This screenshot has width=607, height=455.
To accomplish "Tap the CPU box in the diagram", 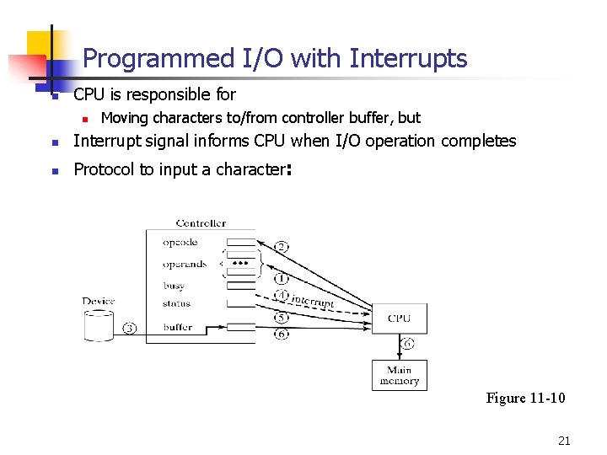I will click(399, 318).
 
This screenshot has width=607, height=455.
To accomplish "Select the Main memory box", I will click(399, 375).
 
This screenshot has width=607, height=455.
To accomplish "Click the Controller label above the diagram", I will click(201, 223).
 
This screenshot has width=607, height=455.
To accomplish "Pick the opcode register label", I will click(180, 243).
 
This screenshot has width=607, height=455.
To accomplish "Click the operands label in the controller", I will click(185, 264).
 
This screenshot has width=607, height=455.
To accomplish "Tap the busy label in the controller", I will click(174, 286).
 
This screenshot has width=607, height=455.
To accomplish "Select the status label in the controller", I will click(176, 303).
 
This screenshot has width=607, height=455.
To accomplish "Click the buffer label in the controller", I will click(178, 327).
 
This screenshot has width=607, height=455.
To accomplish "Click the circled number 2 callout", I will click(282, 247).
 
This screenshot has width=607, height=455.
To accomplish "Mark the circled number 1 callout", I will click(282, 278).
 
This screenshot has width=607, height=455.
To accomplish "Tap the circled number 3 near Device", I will click(129, 328).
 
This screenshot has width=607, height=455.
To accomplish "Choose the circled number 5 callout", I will click(282, 318).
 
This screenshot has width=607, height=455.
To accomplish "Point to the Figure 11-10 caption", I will click(525, 398).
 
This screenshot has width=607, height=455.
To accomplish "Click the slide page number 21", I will click(564, 440).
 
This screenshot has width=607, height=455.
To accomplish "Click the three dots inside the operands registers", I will click(241, 264).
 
